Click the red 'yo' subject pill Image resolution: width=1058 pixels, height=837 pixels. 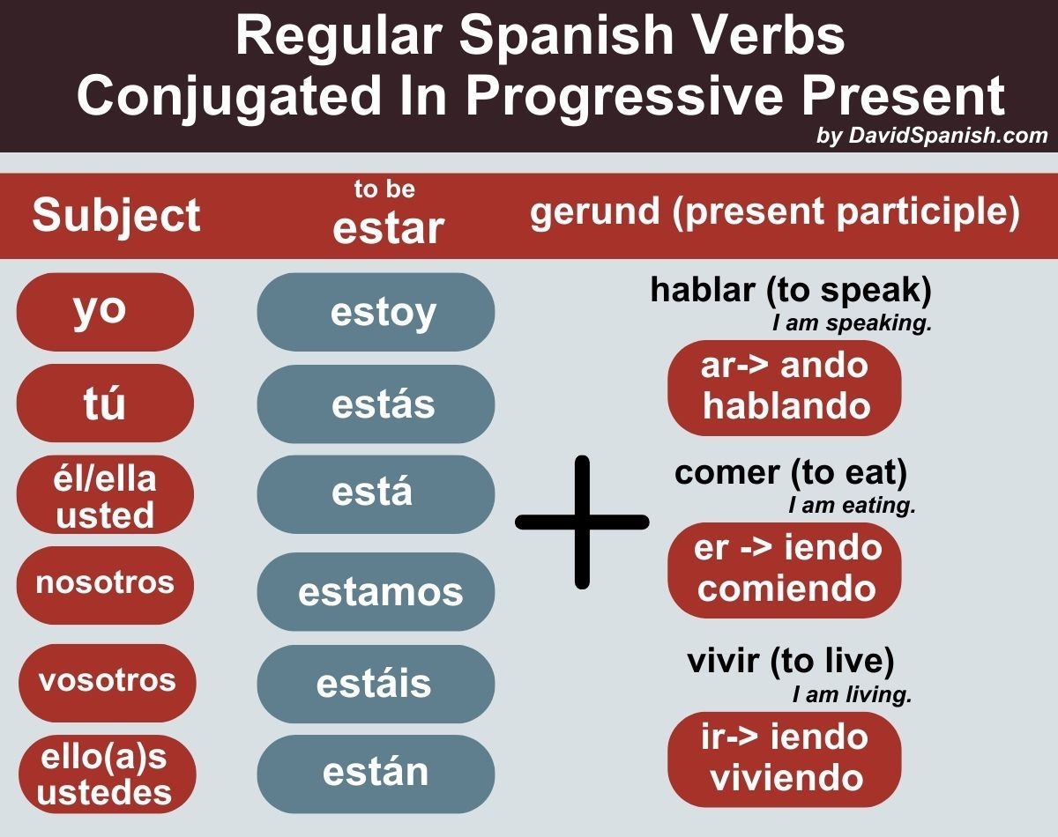click(105, 312)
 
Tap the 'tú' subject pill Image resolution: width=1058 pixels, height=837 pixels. click(105, 404)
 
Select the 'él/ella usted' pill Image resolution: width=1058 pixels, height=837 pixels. click(105, 495)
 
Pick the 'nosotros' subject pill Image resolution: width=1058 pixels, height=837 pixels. click(105, 584)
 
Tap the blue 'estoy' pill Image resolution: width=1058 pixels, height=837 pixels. click(376, 312)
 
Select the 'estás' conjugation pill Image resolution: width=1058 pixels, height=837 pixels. click(376, 404)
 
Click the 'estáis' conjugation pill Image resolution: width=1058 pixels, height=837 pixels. click(376, 684)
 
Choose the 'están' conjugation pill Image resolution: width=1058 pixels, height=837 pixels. click(376, 773)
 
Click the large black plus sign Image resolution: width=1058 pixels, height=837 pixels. click(582, 522)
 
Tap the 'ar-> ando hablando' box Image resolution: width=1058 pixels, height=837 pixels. click(785, 387)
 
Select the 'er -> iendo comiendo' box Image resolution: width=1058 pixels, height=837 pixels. click(785, 569)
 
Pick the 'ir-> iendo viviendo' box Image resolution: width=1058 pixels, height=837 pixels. click(785, 758)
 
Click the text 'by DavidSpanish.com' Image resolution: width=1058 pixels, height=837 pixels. click(933, 136)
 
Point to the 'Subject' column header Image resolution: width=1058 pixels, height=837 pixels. click(116, 215)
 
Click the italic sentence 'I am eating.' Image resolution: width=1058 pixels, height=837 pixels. click(853, 507)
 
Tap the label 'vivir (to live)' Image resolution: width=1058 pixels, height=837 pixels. click(791, 661)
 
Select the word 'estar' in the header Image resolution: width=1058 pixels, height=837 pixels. click(388, 227)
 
